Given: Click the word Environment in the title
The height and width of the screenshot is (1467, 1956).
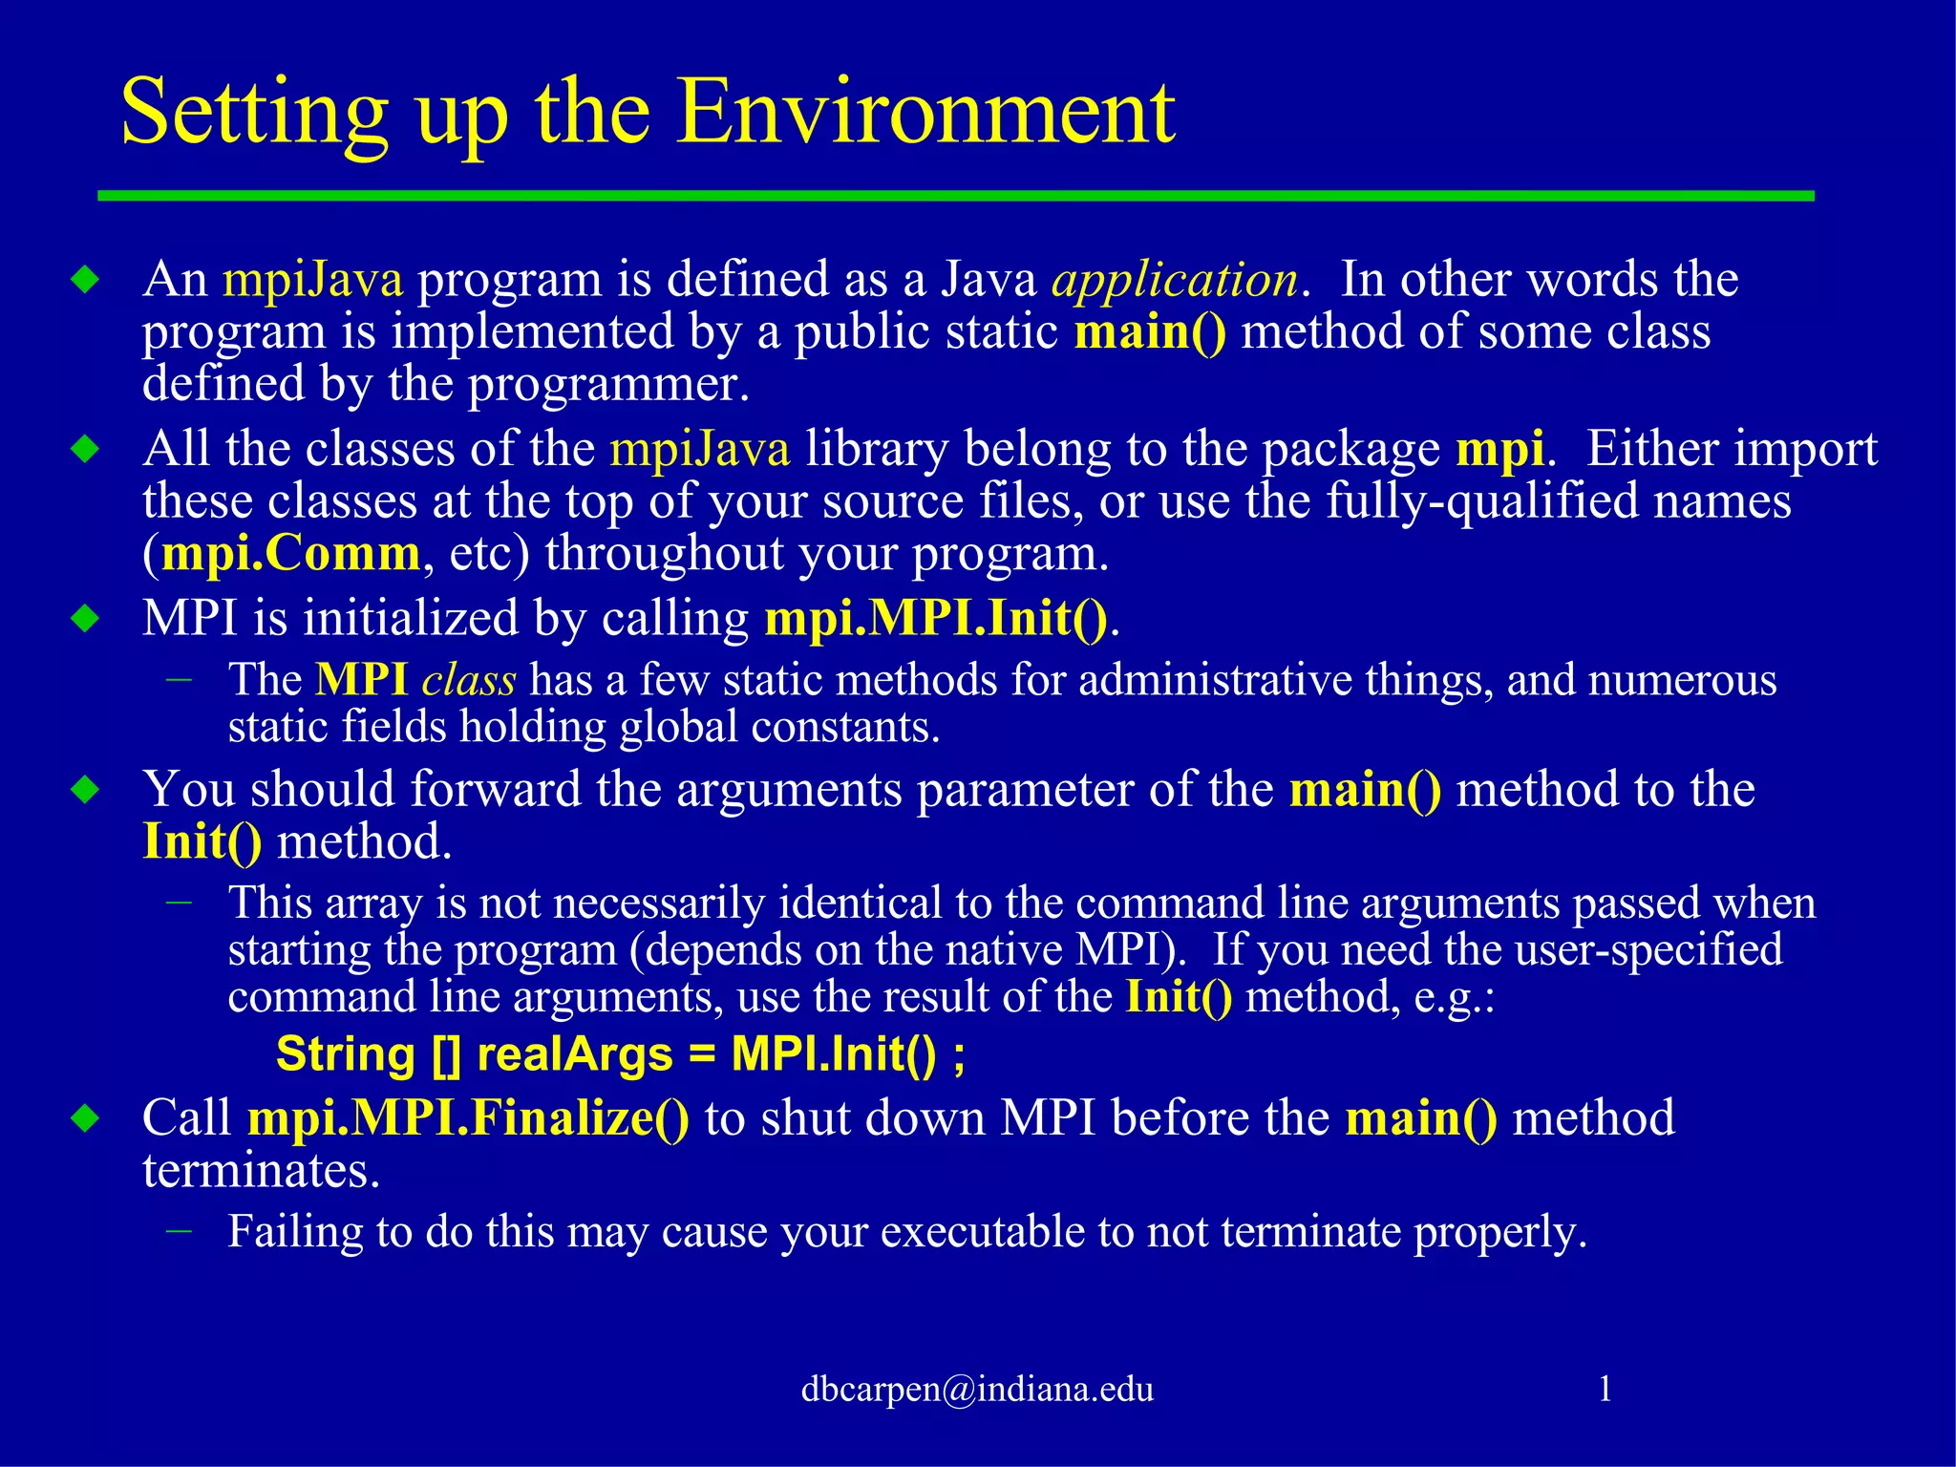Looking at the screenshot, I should coord(925,113).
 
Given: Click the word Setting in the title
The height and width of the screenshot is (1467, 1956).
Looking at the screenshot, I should coord(254,113).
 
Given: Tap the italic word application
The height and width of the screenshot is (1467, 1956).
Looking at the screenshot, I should coord(1175,280).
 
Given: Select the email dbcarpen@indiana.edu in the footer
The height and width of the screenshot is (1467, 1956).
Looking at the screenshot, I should coord(977,1389).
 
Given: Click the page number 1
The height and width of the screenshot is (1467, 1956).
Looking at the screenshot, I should coord(1605,1388).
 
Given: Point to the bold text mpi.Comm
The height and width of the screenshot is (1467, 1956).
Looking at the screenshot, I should coord(291,554).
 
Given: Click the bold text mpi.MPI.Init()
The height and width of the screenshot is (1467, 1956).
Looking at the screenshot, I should coord(936,619).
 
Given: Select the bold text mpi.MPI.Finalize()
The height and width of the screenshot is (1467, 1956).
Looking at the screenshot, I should coord(468,1118).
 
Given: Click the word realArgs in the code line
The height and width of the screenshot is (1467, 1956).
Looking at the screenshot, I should coord(575,1055).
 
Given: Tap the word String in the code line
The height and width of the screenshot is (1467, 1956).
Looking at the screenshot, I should coord(346,1055).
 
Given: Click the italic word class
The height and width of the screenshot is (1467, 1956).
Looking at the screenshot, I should coord(469,681).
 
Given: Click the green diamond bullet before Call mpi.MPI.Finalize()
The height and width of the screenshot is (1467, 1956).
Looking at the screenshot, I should coord(85,1117).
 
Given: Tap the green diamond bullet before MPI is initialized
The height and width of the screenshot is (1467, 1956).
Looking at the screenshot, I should coord(85,619).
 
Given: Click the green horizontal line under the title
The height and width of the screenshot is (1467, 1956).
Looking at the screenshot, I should coord(955,196).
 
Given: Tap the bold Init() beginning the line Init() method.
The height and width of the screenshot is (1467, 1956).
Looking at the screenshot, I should coord(202,842).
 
